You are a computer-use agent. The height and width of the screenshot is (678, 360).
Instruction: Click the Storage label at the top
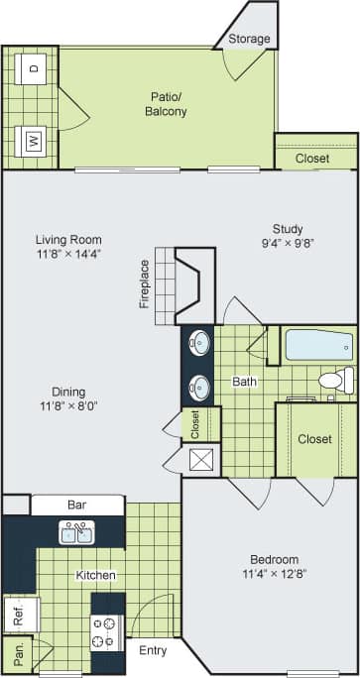tap(249, 39)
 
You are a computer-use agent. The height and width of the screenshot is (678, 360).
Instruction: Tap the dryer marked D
tap(33, 67)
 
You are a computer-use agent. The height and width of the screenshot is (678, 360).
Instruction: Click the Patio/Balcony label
tap(164, 104)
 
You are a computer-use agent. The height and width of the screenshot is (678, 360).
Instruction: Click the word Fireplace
tap(145, 283)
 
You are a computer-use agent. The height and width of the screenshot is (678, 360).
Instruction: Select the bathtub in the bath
tap(318, 346)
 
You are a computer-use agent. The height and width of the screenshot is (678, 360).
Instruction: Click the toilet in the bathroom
tap(334, 379)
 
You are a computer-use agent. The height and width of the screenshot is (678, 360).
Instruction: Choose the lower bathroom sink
tap(200, 385)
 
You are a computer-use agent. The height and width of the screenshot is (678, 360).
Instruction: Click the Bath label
tap(245, 381)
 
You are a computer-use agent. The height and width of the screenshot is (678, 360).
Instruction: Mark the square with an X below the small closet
tap(201, 459)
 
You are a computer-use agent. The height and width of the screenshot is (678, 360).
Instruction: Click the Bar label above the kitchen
tap(76, 505)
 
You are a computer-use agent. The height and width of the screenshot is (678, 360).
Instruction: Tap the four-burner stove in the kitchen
tap(105, 631)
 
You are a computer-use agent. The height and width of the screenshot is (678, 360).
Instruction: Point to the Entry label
tap(153, 650)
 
